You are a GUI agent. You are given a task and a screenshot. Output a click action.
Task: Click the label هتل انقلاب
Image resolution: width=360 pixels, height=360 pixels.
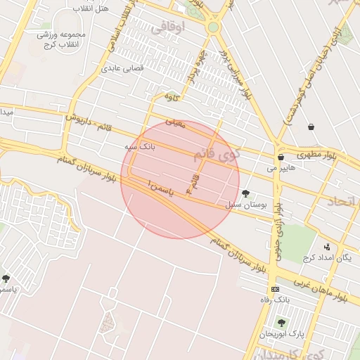click(x=91, y=8)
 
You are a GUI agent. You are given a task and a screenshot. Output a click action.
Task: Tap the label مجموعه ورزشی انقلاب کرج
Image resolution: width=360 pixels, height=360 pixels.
click(x=60, y=39)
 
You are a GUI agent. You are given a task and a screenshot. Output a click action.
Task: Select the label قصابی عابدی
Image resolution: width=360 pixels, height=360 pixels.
click(x=123, y=69)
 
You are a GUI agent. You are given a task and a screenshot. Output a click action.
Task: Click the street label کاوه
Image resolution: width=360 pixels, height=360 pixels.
click(x=173, y=95)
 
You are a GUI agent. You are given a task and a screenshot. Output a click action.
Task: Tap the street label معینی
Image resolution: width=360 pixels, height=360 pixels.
click(x=175, y=124)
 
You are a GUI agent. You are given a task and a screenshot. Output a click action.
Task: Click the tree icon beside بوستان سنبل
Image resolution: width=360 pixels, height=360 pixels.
click(x=245, y=193)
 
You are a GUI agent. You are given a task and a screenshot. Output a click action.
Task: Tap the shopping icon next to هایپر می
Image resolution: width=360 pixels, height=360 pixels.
click(x=281, y=157)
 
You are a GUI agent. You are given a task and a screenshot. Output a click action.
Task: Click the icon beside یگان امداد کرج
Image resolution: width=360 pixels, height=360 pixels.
click(x=327, y=247)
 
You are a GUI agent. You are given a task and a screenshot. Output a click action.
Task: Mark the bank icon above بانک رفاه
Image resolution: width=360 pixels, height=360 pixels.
click(x=274, y=289)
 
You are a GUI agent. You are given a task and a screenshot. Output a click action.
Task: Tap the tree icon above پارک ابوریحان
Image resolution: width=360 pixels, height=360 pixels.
click(x=281, y=323)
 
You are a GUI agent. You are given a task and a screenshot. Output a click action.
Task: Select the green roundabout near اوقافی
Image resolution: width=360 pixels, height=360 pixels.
click(x=213, y=27)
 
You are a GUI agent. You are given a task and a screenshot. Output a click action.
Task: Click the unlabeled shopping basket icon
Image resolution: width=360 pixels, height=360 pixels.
click(x=311, y=127)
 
